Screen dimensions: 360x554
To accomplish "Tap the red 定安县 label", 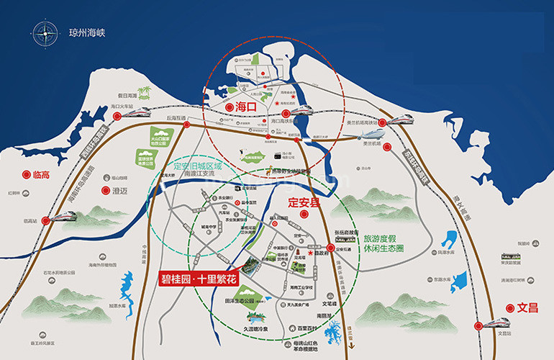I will (304, 203).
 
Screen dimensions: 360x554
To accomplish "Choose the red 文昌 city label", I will (527, 307).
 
